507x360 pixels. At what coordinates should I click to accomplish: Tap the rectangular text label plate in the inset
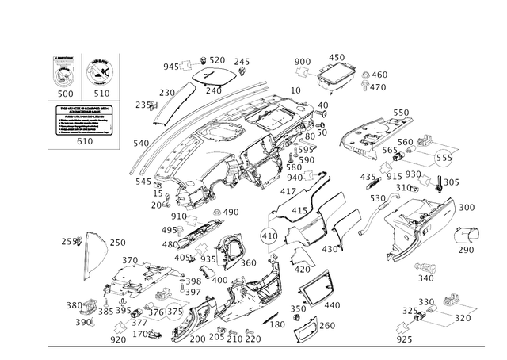pos(82,121)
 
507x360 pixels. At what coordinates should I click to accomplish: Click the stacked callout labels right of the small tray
pos(374,79)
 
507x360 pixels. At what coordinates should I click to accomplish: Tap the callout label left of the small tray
pos(302,61)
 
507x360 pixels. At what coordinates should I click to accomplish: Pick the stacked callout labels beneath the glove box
pos(426,271)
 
